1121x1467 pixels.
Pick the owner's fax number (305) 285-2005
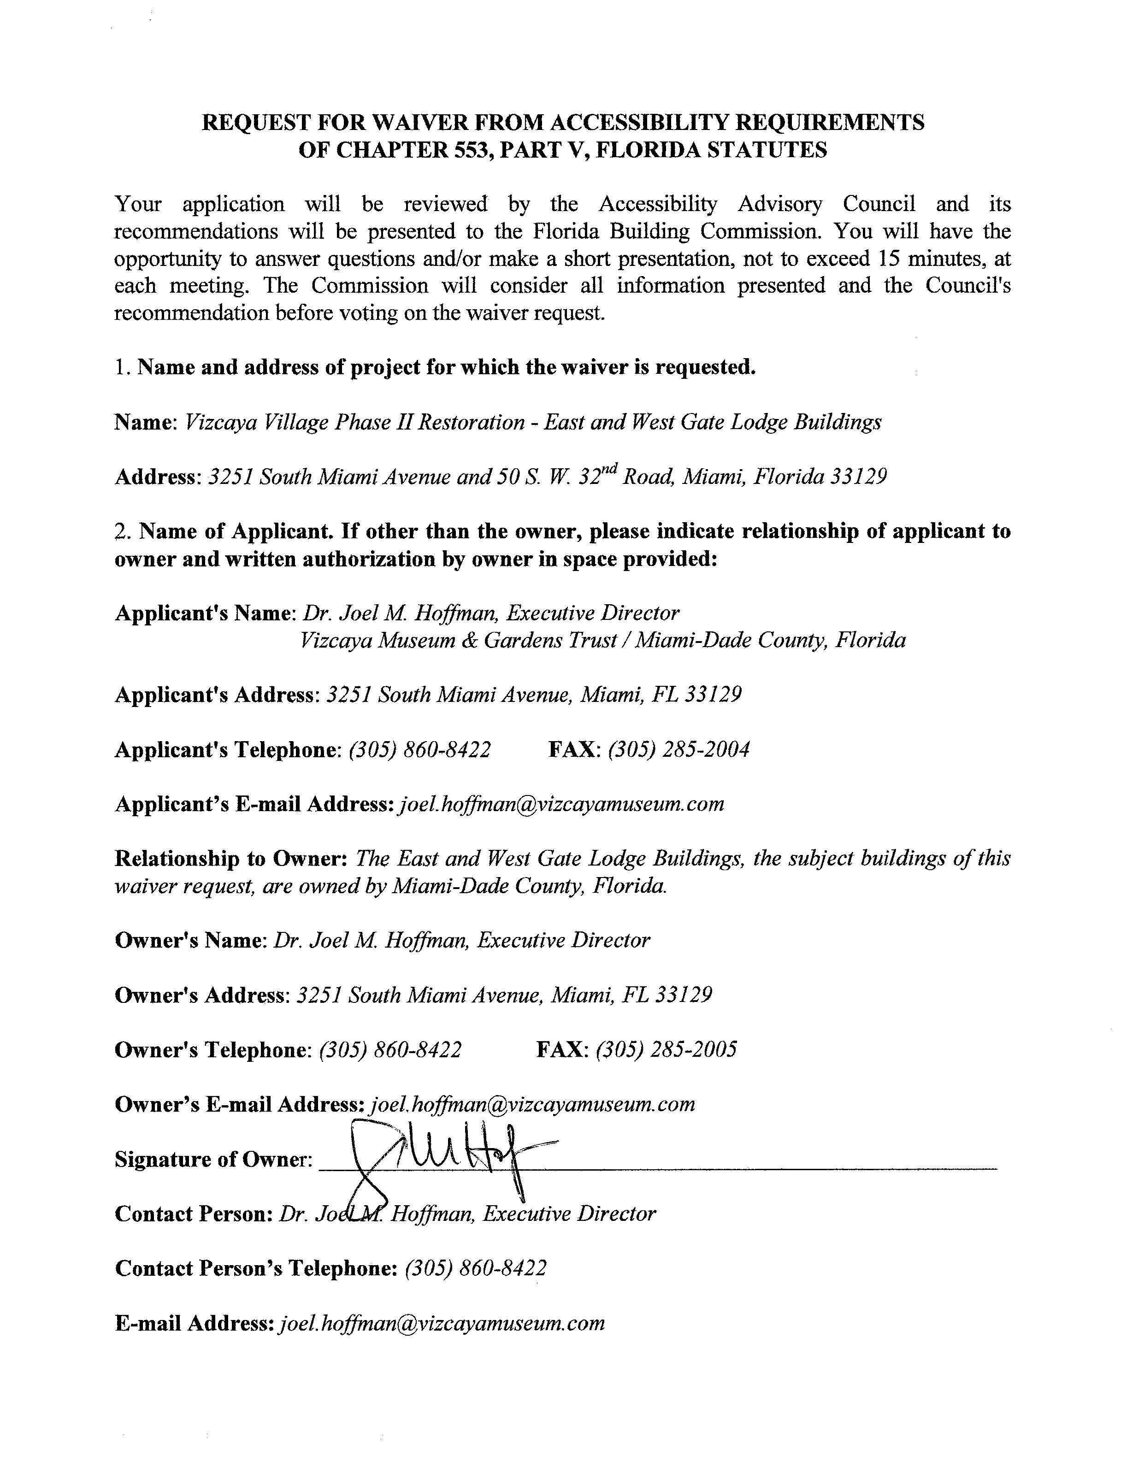tap(666, 1049)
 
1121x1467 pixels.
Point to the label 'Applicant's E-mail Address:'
tap(254, 804)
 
